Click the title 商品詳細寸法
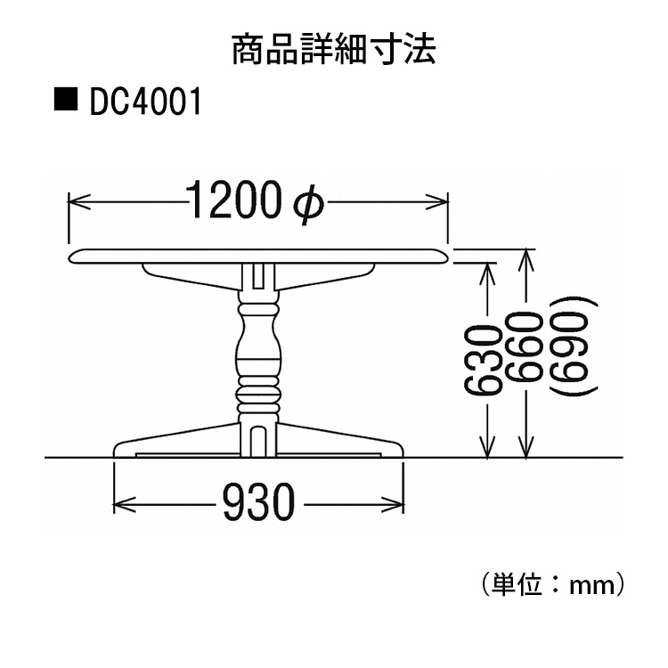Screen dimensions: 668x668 tap(334, 50)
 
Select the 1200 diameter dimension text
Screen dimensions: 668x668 tap(236, 203)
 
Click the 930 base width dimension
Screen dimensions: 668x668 tap(257, 505)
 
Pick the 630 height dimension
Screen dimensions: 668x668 tap(482, 360)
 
